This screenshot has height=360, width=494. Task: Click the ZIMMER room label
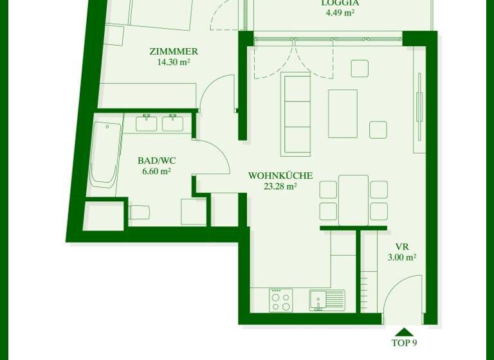click(x=174, y=51)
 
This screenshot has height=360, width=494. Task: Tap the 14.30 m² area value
click(x=174, y=62)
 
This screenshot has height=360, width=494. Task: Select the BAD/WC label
click(x=156, y=161)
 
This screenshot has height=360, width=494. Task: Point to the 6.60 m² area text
click(x=156, y=172)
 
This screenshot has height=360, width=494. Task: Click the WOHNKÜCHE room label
click(x=280, y=175)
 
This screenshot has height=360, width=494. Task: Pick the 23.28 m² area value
click(x=280, y=186)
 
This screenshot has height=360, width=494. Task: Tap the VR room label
click(x=402, y=247)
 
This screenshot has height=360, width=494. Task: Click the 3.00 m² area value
click(x=402, y=257)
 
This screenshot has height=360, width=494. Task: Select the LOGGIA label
click(x=340, y=3)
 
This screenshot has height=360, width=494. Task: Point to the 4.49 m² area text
click(x=340, y=12)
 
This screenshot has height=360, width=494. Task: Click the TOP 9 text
click(x=405, y=343)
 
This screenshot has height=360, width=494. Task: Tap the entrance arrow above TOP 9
click(x=404, y=332)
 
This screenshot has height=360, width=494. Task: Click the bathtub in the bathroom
click(x=105, y=154)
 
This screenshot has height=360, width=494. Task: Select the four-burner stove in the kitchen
click(x=280, y=300)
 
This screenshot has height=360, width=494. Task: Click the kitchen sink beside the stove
click(x=326, y=300)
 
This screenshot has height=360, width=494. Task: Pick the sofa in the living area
click(x=296, y=114)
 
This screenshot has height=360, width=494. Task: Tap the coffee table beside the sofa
click(x=343, y=113)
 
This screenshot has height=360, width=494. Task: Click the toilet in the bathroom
click(x=139, y=212)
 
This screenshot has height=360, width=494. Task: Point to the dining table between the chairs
click(x=353, y=200)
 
